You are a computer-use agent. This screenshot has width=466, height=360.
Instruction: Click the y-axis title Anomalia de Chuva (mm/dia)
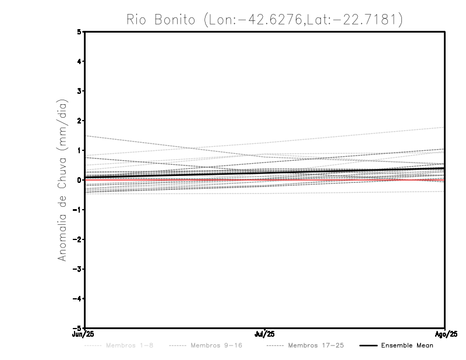click(x=61, y=180)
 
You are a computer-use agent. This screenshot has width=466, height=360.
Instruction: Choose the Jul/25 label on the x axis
click(x=266, y=334)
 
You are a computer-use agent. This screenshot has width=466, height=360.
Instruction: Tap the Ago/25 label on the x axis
click(x=446, y=334)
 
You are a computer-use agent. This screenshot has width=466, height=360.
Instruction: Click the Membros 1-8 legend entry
click(x=129, y=346)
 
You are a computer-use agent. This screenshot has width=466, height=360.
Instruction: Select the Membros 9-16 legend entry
click(x=216, y=346)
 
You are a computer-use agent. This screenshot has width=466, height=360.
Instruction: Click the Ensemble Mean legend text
click(x=407, y=346)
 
